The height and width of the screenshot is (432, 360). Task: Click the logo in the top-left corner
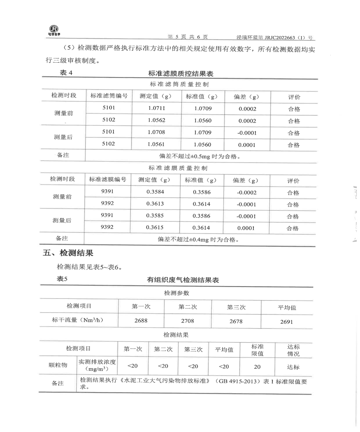(54, 31)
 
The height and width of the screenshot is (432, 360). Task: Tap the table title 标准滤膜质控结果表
(181, 74)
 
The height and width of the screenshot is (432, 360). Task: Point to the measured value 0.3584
(155, 192)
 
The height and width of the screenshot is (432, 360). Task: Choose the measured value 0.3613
(155, 204)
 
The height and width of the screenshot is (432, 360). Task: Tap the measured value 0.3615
(155, 228)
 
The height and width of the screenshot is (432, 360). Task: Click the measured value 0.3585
(155, 216)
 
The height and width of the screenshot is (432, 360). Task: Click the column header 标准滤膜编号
(108, 180)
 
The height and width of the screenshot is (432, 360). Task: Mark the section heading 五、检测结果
(68, 253)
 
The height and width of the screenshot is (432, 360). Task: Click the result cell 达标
(293, 367)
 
